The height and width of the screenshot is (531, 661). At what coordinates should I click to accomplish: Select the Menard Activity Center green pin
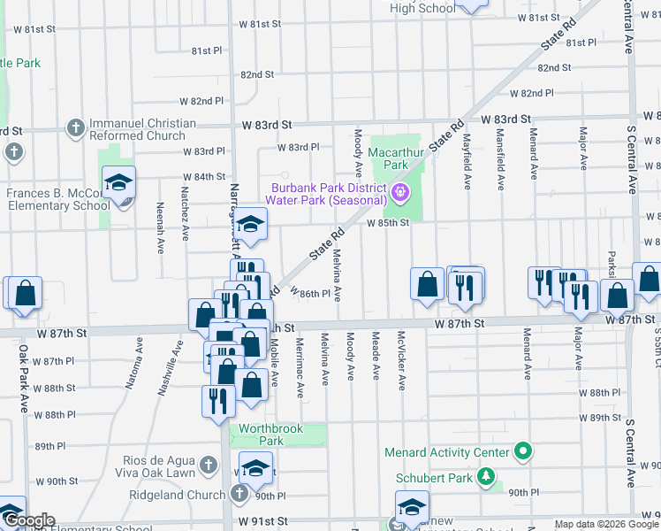pyautogui.click(x=523, y=452)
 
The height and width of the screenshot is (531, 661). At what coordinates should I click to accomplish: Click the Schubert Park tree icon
pyautogui.click(x=485, y=478)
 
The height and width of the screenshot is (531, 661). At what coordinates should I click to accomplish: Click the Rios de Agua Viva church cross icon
pyautogui.click(x=208, y=465)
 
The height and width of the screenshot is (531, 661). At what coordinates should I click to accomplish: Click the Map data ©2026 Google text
pyautogui.click(x=607, y=524)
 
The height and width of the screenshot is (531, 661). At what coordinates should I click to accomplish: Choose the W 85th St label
pyautogui.click(x=388, y=223)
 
